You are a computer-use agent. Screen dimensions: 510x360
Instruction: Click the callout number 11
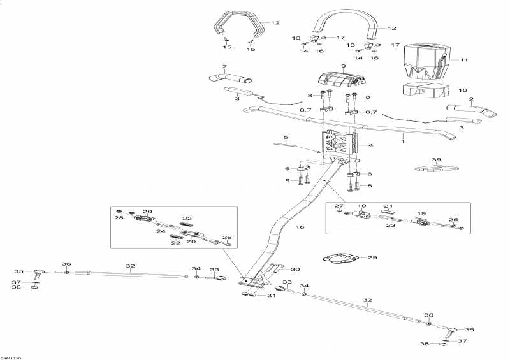coord(464,60)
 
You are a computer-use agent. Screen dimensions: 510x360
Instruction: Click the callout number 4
coord(371,145)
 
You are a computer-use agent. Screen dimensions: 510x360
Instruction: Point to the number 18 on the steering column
coord(286,138)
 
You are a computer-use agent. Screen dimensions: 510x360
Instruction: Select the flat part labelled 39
coord(436,168)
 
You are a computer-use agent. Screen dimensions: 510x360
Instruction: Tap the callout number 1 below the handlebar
coord(403,141)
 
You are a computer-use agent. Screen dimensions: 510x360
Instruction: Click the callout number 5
coord(286,138)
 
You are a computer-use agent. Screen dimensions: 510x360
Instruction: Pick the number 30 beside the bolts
coord(295,270)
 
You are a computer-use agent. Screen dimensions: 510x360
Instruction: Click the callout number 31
coord(272,295)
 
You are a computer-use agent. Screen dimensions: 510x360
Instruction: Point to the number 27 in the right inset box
coord(339,206)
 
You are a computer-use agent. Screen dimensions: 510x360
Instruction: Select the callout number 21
coord(388,206)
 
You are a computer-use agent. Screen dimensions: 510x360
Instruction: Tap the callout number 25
coord(453,220)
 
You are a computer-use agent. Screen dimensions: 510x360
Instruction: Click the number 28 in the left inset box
coord(119,217)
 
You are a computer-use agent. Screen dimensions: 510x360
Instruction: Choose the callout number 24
coord(161,231)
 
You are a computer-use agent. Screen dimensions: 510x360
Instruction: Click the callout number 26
coord(228,238)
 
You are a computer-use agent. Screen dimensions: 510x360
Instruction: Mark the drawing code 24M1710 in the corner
coord(11,358)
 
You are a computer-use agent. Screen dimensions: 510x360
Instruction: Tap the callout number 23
coord(391,225)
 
